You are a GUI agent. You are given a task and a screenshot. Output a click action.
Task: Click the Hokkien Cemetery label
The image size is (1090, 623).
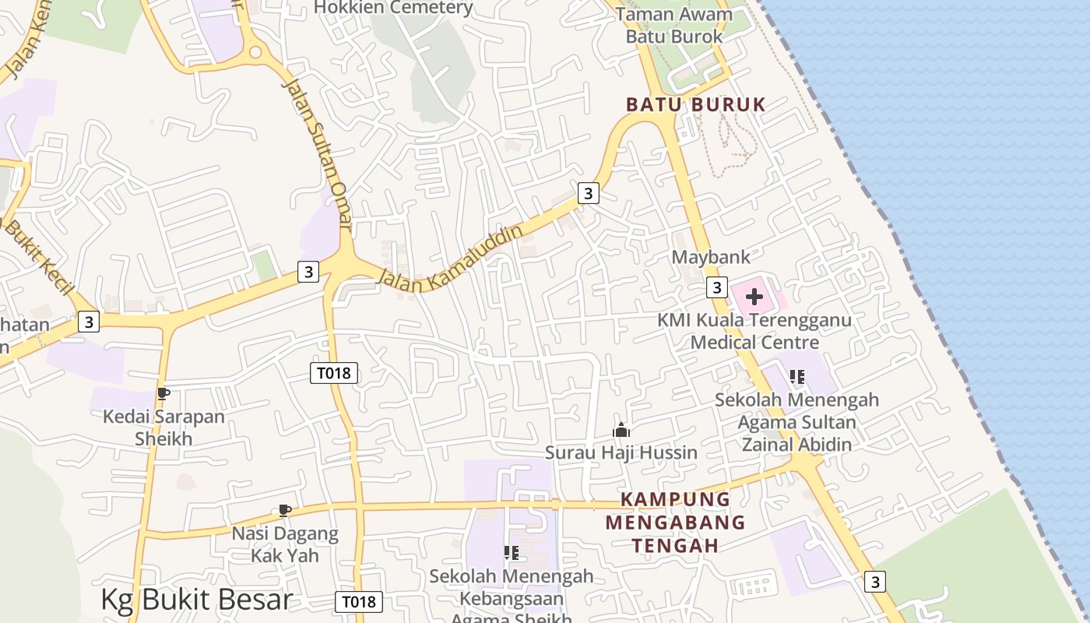pyautogui.click(x=393, y=8)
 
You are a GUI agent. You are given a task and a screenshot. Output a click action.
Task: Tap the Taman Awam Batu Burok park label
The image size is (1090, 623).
pyautogui.click(x=674, y=25)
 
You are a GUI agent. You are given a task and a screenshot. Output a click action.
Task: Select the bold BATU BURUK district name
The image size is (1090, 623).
pyautogui.click(x=696, y=104)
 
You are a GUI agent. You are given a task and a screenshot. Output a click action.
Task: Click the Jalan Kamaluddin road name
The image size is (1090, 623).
pyautogui.click(x=451, y=259)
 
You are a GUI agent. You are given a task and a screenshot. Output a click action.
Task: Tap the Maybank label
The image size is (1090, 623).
pyautogui.click(x=711, y=257)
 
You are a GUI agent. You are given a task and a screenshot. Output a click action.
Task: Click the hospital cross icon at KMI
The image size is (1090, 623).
pyautogui.click(x=754, y=297)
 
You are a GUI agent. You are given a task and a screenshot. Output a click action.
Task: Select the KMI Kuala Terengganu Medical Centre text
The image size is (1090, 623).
pyautogui.click(x=754, y=331)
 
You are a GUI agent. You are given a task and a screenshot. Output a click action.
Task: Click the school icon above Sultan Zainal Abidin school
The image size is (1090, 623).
pyautogui.click(x=796, y=377)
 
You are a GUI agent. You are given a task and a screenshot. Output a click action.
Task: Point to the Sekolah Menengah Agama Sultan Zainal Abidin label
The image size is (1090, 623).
pyautogui.click(x=797, y=422)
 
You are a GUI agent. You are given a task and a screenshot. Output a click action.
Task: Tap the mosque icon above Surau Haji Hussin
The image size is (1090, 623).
pyautogui.click(x=621, y=430)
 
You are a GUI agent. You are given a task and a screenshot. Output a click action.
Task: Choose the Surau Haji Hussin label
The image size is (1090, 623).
pyautogui.click(x=621, y=452)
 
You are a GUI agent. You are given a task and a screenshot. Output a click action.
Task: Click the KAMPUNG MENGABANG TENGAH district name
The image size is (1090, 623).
pyautogui.click(x=675, y=522)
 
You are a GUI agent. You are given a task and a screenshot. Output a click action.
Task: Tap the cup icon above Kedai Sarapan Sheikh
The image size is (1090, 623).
pyautogui.click(x=163, y=394)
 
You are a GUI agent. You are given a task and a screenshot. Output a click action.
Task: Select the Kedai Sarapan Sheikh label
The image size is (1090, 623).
pyautogui.click(x=163, y=427)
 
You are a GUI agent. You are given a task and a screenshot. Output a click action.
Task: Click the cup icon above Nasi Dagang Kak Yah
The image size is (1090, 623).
pyautogui.click(x=285, y=511)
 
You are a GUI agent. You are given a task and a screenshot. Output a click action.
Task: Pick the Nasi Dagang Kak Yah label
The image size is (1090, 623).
pyautogui.click(x=285, y=544)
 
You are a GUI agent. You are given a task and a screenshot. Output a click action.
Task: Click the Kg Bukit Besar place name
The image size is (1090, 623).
pyautogui.click(x=196, y=600)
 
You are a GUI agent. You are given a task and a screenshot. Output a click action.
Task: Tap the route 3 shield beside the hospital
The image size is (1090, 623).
pyautogui.click(x=716, y=287)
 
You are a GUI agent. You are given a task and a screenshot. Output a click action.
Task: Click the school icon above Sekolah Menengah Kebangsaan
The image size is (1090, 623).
pyautogui.click(x=511, y=553)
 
